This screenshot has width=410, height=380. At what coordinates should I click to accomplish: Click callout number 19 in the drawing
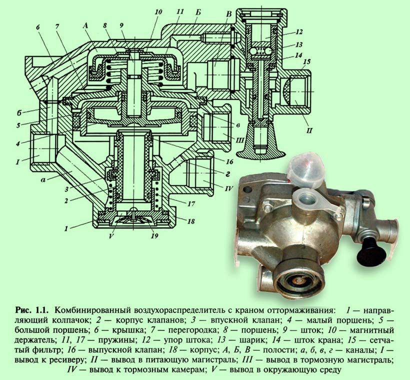[154, 236]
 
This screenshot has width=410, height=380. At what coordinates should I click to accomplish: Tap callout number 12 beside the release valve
[299, 32]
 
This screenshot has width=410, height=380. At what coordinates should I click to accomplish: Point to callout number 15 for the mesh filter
[307, 62]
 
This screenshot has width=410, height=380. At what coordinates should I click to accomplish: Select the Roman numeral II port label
[309, 130]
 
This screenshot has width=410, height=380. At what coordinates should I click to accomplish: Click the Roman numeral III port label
[239, 141]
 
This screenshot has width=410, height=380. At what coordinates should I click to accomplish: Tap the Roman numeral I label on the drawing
[17, 162]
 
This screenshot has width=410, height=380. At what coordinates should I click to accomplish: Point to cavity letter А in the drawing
[85, 25]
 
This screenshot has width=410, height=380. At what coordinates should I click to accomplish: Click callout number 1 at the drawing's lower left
[66, 228]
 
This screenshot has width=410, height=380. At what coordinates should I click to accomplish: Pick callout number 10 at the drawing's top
[158, 12]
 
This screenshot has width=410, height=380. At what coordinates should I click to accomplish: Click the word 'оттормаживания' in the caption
[300, 310]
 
